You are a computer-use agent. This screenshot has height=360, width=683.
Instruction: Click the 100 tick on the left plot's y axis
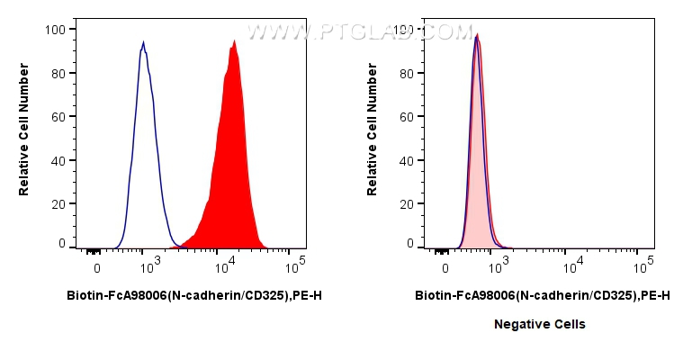tap(55, 30)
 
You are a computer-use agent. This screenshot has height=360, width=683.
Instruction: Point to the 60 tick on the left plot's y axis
tap(58, 117)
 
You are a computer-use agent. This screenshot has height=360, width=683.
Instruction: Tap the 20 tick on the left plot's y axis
tap(58, 204)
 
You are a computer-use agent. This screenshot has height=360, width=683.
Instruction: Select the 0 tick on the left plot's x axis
tap(96, 268)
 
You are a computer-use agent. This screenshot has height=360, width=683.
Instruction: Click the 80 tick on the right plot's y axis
tap(406, 74)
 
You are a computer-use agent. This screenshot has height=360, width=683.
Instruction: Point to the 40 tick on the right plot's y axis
tap(406, 161)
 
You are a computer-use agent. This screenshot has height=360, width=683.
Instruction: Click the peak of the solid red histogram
tap(234, 41)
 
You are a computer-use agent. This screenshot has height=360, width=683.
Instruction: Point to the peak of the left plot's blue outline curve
tap(143, 42)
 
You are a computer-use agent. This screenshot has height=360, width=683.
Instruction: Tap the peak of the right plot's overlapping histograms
tap(476, 36)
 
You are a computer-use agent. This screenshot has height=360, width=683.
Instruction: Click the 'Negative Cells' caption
tap(539, 324)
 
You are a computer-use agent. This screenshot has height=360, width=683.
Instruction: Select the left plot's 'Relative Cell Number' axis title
tap(24, 129)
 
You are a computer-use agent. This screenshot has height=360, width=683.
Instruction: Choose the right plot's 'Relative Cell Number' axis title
tap(373, 129)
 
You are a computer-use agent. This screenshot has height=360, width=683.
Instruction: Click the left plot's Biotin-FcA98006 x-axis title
tap(194, 294)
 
